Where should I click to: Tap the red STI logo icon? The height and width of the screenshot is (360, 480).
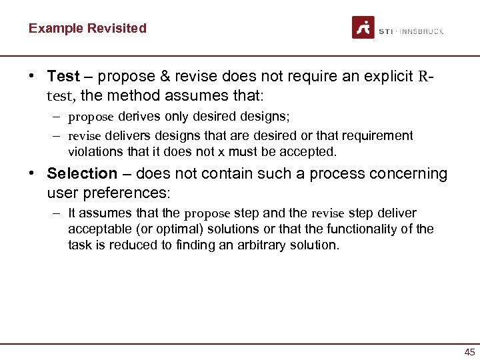[363, 28]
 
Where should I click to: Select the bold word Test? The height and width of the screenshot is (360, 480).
[63, 76]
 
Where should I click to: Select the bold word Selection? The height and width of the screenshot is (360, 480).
[82, 173]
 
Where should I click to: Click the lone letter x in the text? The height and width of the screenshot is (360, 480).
[229, 151]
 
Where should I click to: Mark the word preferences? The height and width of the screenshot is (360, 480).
[133, 194]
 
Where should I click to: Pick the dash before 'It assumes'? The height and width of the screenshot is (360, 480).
[58, 213]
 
